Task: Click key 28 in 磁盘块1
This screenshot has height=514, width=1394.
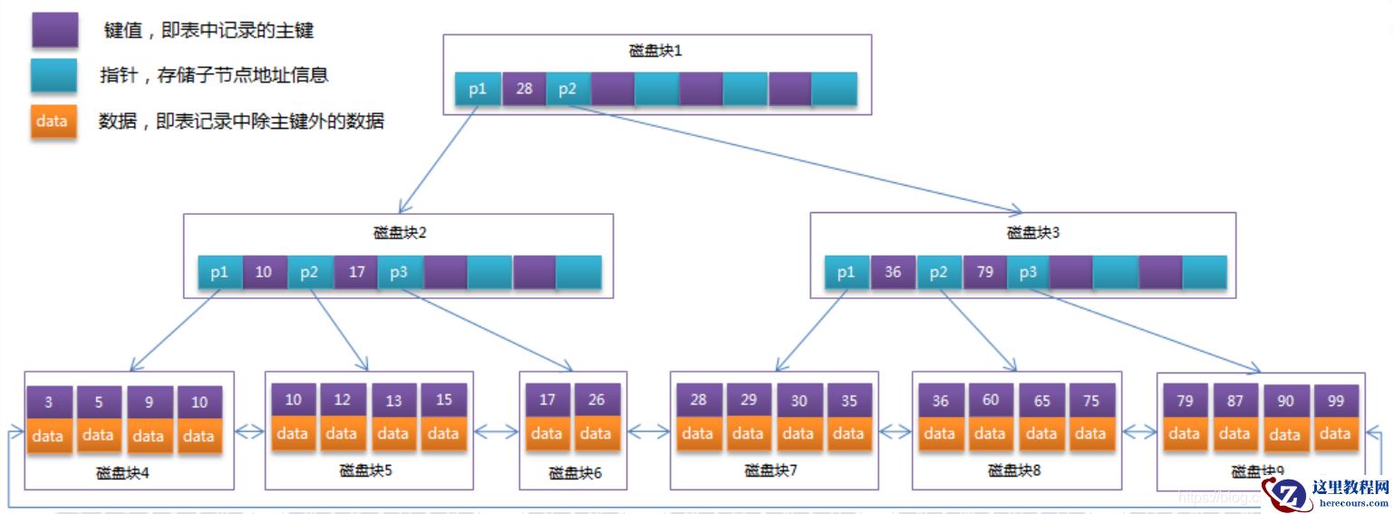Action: tap(524, 89)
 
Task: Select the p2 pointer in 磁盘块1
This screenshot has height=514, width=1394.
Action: tap(568, 89)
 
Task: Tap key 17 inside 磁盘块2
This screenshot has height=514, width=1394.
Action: tap(355, 272)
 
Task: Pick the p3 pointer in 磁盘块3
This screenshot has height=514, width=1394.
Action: tap(1028, 272)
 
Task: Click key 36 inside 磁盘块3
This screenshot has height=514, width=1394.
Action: tap(893, 272)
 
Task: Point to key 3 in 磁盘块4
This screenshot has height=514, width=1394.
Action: tap(47, 402)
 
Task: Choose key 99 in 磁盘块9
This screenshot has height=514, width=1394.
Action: tap(1335, 400)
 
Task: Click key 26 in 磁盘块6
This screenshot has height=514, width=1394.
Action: tap(595, 400)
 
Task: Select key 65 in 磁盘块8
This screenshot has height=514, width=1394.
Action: tap(1041, 400)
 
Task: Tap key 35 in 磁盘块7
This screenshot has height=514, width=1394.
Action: tap(848, 400)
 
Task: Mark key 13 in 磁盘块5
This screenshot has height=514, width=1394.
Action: tap(392, 400)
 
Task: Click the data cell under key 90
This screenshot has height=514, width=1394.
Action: tap(1285, 434)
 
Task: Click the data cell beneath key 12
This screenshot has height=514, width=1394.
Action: tap(342, 433)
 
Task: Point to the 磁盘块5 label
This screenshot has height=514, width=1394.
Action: tap(366, 470)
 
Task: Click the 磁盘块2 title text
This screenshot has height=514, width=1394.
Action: tap(399, 232)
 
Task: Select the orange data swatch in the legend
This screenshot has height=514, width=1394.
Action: tap(53, 121)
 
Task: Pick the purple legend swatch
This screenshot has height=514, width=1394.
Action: tap(53, 30)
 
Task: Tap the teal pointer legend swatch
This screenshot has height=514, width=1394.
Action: tap(53, 75)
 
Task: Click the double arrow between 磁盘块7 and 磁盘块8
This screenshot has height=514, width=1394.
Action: tap(895, 432)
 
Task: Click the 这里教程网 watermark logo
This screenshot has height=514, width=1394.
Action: tap(1328, 492)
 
